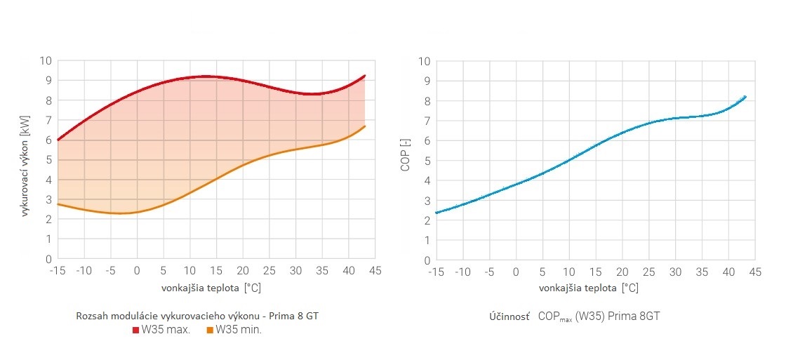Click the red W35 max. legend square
click(136, 330)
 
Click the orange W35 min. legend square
click(210, 330)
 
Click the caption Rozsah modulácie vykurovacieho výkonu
click(197, 316)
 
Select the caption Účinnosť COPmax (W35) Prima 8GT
click(574, 316)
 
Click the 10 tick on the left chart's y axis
click(46, 60)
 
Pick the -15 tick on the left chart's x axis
click(58, 270)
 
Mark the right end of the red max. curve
click(365, 75)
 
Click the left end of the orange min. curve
click(58, 204)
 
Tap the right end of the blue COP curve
click(745, 96)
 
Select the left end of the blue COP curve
click(437, 213)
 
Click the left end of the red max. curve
click(58, 140)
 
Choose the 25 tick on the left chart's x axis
click(269, 270)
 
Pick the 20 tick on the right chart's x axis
click(622, 271)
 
